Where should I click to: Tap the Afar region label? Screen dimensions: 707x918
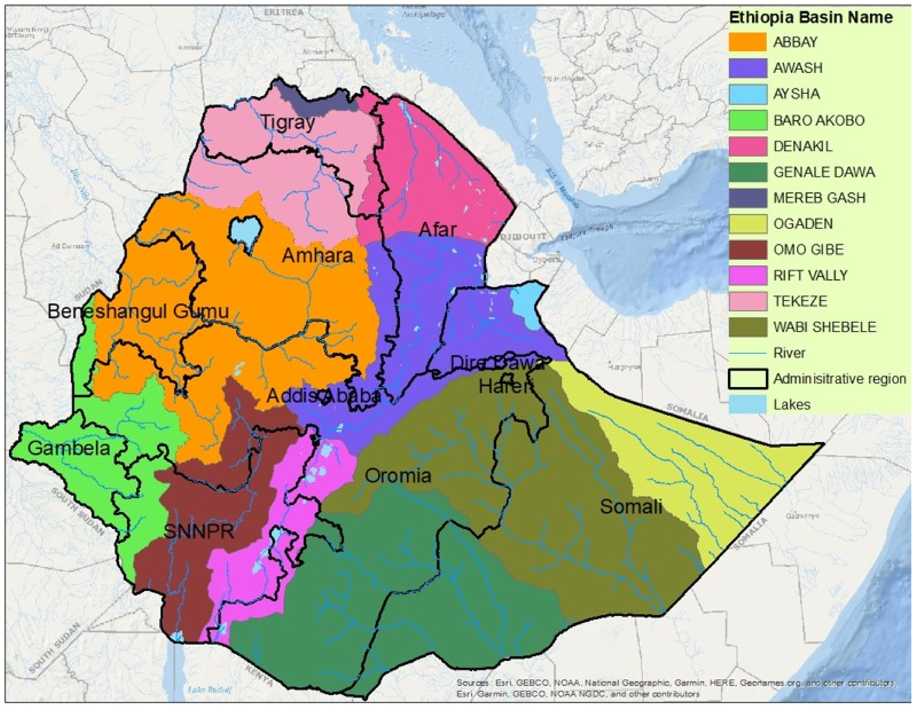437,230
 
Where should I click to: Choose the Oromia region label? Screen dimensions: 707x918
398,476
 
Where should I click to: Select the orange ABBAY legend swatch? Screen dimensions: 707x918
747,42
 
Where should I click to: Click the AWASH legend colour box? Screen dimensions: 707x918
747,68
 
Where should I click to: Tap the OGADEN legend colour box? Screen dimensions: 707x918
747,224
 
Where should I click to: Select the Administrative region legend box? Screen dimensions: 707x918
747,379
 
